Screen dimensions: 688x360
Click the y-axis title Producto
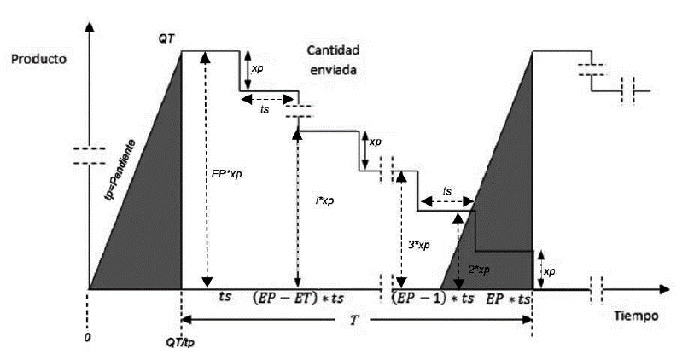(38, 59)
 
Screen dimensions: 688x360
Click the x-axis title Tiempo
(636, 316)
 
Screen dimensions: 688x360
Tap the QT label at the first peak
(166, 39)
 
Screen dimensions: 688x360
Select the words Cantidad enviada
(333, 60)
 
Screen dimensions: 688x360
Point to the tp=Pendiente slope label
(120, 170)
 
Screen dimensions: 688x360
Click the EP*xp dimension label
(226, 174)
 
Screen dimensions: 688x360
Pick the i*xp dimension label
(324, 200)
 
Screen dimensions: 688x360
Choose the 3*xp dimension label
(418, 245)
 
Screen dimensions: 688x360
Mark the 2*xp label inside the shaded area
(479, 270)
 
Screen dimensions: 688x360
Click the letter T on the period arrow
(354, 321)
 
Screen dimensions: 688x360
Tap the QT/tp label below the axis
(180, 342)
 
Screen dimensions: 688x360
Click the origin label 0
(88, 339)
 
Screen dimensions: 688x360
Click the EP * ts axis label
(508, 299)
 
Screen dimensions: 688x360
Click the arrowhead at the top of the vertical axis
(90, 26)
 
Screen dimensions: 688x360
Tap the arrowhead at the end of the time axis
(664, 289)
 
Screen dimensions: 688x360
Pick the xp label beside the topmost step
(258, 69)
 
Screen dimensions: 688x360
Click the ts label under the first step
(265, 110)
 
